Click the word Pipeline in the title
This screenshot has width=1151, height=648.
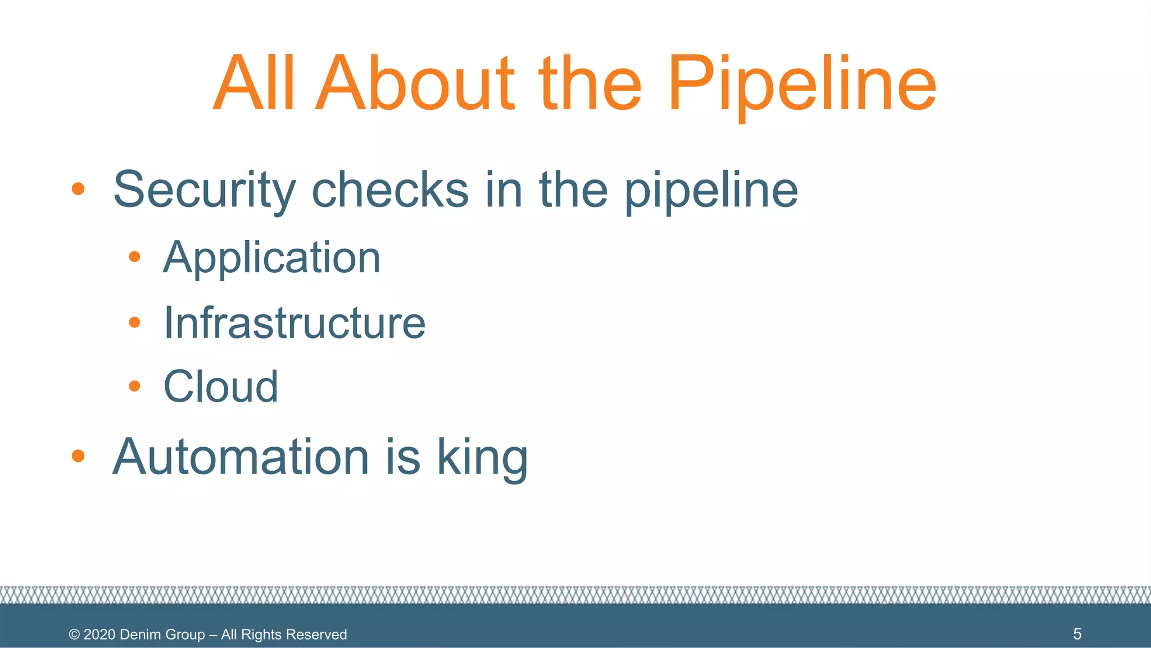(x=801, y=84)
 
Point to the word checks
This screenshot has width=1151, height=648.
(x=390, y=190)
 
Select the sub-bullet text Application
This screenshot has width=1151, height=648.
(x=272, y=258)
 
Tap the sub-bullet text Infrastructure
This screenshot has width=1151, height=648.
(x=294, y=323)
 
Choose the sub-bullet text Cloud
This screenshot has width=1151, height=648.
(x=221, y=386)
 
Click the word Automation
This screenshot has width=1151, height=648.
(x=241, y=457)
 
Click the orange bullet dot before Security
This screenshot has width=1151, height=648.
(x=78, y=189)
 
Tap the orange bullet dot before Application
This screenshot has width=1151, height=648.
(x=134, y=257)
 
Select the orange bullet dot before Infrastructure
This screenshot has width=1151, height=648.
(x=134, y=322)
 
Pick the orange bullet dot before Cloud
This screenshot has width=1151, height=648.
(x=134, y=386)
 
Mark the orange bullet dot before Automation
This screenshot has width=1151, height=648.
(x=78, y=456)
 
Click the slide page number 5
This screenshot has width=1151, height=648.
(x=1077, y=634)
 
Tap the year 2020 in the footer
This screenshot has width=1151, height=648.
(x=99, y=634)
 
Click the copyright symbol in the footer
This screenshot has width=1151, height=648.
(x=74, y=634)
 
